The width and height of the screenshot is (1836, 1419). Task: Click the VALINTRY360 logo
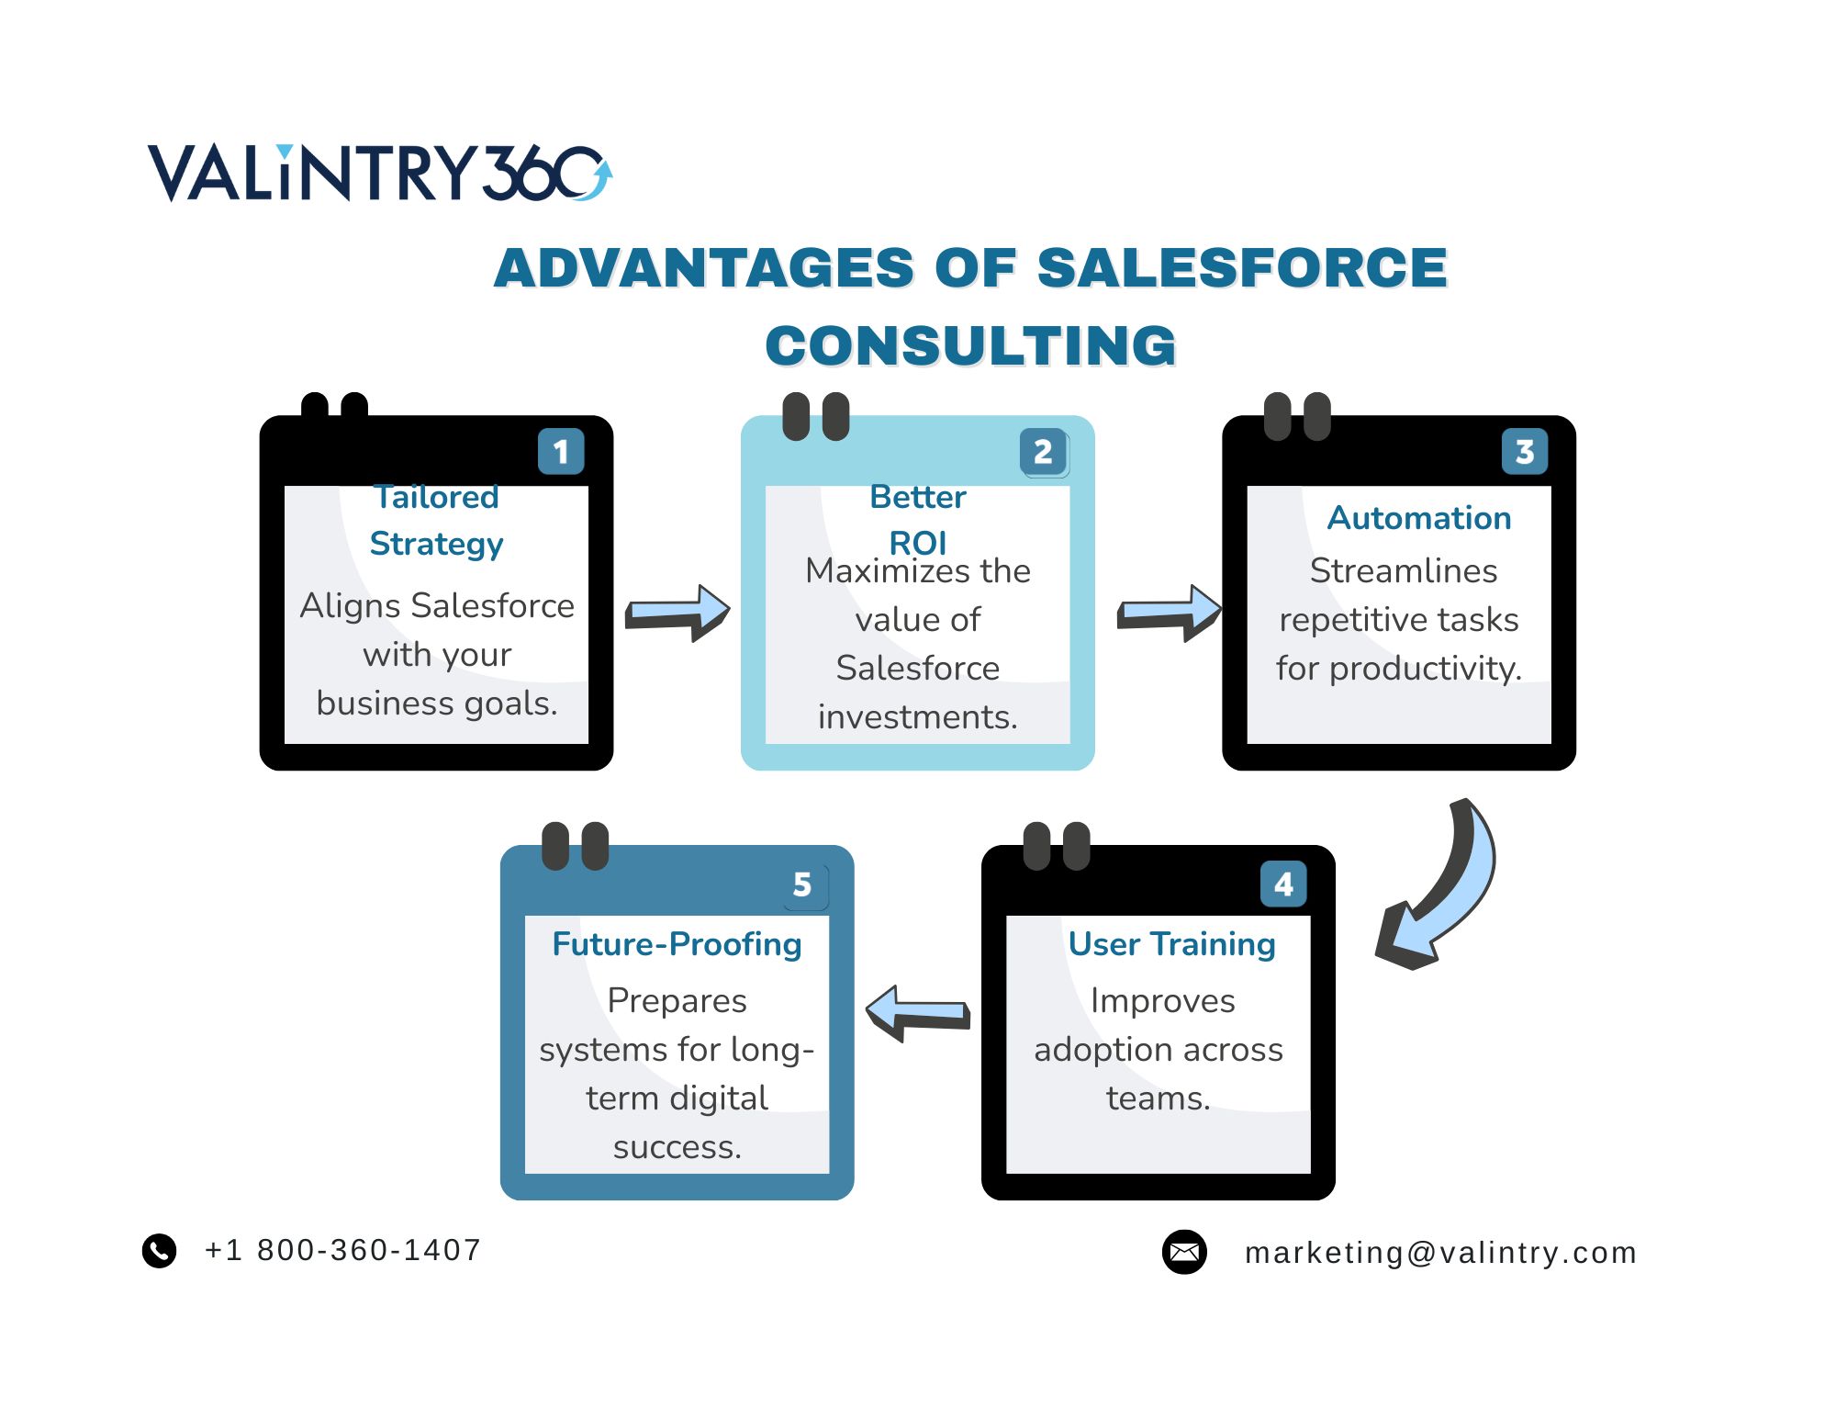tap(379, 172)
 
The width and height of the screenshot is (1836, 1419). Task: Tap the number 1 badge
tap(561, 451)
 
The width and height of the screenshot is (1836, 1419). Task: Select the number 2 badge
tap(1043, 451)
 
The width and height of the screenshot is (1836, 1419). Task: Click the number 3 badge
tap(1524, 451)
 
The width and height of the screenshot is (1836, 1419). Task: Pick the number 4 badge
tap(1283, 884)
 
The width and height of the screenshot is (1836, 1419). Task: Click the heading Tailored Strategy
tap(436, 520)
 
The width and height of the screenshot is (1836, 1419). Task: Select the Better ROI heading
tap(918, 519)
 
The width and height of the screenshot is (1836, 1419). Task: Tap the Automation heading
tap(1419, 518)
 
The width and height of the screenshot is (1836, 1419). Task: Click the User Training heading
tap(1172, 944)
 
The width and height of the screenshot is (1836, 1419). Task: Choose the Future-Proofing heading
tap(677, 944)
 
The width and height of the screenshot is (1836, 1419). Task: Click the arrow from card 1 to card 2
tap(677, 612)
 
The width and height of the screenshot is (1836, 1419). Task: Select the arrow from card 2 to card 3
tap(1169, 612)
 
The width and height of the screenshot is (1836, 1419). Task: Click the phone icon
tap(159, 1250)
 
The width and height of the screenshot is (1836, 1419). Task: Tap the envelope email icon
tap(1184, 1252)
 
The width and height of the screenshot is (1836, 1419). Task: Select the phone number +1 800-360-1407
tap(342, 1250)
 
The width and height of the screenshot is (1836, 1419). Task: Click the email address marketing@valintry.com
tap(1440, 1253)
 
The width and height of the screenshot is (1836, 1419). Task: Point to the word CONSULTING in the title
tap(970, 346)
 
